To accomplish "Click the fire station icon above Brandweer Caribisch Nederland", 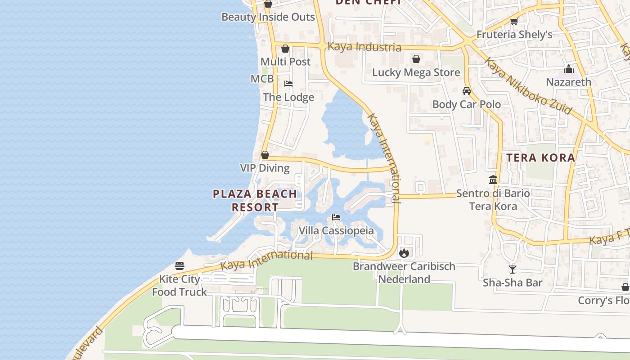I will pos(404,253).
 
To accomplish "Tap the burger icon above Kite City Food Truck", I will pos(180,266).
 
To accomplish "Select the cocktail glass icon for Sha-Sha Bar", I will pos(512,270).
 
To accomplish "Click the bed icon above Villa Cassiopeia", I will pos(336,217).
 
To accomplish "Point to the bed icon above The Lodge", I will pos(288,84).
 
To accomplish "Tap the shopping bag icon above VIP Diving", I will pos(265,155).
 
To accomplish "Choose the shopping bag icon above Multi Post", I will pos(285,49).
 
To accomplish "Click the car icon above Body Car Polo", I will pos(467,91).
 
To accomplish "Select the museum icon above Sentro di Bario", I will pos(493,180).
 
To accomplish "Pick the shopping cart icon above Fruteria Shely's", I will pos(514,21).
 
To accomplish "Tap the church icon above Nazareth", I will pos(569,69).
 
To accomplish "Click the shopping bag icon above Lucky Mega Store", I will pos(416,59).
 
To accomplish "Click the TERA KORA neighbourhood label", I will pos(541,157).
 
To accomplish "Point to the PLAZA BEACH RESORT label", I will pos(255,201).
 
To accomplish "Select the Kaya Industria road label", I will pos(364,47).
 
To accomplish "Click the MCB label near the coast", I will pos(262,79).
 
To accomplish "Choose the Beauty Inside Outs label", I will pos(268,17).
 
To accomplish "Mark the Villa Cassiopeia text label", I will pos(337,231).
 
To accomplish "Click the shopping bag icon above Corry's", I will pos(625,287).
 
